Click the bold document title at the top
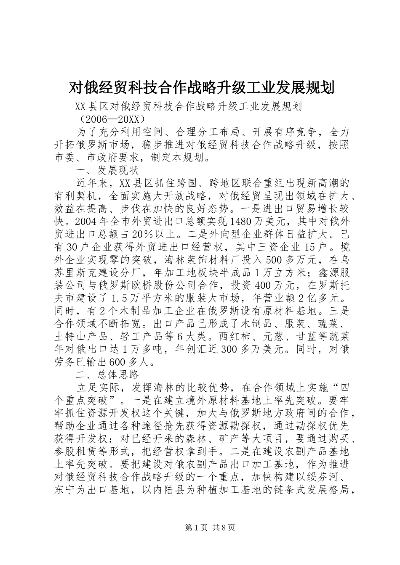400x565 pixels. (201, 88)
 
